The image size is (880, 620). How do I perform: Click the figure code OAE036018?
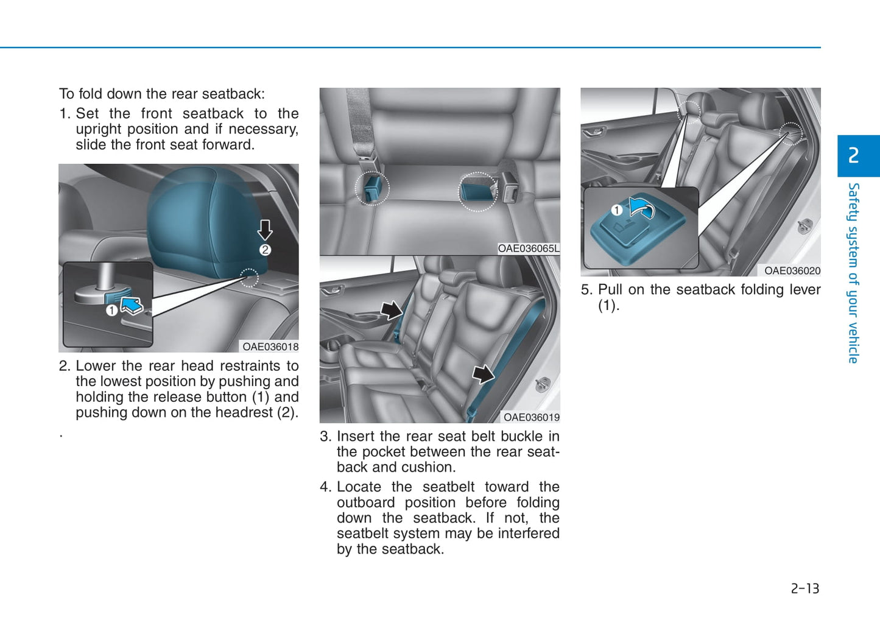pyautogui.click(x=270, y=347)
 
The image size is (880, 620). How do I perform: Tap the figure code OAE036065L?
pyautogui.click(x=529, y=248)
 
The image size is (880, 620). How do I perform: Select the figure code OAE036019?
pyautogui.click(x=532, y=417)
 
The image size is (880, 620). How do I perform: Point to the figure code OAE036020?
pyautogui.click(x=792, y=270)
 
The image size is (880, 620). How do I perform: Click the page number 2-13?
pyautogui.click(x=805, y=588)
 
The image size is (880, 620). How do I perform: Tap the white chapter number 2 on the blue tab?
pyautogui.click(x=853, y=155)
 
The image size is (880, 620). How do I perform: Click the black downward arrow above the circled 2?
pyautogui.click(x=265, y=230)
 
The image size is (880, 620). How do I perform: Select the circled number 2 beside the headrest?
pyautogui.click(x=265, y=250)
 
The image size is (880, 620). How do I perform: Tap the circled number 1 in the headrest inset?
pyautogui.click(x=111, y=311)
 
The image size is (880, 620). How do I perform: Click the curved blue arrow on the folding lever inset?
pyautogui.click(x=641, y=207)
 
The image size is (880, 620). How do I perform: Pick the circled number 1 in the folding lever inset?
pyautogui.click(x=617, y=210)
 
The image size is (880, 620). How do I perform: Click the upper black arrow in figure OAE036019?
pyautogui.click(x=392, y=311)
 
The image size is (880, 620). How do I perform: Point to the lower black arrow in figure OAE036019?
pyautogui.click(x=483, y=374)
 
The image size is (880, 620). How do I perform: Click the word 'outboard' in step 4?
pyautogui.click(x=366, y=502)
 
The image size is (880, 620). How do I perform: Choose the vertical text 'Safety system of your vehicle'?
pyautogui.click(x=853, y=273)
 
